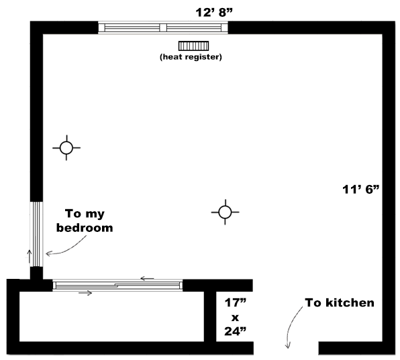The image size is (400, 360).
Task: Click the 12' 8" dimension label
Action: [214, 13]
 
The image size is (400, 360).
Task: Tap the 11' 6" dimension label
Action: [360, 189]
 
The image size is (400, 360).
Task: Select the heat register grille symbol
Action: [193, 46]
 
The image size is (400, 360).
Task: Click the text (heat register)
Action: [191, 56]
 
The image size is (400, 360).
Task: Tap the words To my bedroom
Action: [85, 221]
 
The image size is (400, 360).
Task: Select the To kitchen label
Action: [340, 302]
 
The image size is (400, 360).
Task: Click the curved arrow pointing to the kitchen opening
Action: [291, 326]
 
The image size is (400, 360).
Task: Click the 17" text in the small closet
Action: [235, 302]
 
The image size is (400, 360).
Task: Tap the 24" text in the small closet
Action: [235, 331]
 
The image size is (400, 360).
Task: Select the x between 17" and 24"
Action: [235, 318]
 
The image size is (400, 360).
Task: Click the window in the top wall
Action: [163, 27]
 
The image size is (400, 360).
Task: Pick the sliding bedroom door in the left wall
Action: [36, 234]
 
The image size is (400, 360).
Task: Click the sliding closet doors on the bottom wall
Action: [117, 285]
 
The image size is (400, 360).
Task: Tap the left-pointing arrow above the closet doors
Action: [147, 278]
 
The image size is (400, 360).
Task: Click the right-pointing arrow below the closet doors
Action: [85, 293]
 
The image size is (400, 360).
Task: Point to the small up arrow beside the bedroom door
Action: [30, 257]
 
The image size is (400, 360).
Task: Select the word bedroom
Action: [85, 227]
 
